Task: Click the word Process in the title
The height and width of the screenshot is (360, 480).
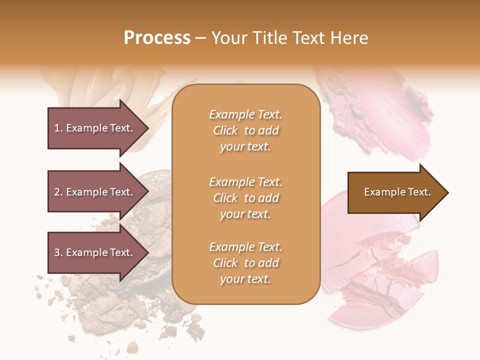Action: [157, 38]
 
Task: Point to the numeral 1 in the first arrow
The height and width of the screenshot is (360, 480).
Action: [57, 128]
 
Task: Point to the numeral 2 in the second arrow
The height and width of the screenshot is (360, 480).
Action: [57, 192]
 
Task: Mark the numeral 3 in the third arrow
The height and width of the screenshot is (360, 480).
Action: [57, 252]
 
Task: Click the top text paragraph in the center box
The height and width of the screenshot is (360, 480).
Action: [245, 130]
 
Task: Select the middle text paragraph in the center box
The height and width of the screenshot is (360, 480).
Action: [245, 198]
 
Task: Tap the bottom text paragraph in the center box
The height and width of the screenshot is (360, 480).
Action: [245, 263]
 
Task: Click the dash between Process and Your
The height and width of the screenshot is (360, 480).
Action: [200, 38]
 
